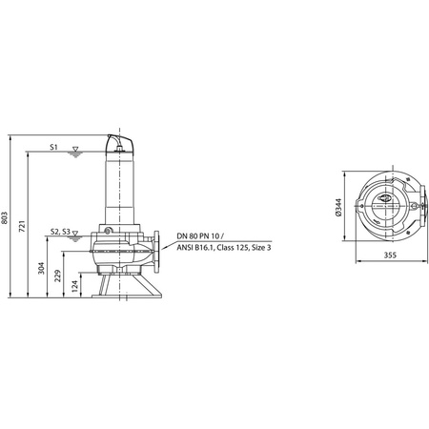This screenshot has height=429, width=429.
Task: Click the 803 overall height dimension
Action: tap(5, 217)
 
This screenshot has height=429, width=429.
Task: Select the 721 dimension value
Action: tap(22, 225)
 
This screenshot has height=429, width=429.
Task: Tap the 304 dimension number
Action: tap(41, 268)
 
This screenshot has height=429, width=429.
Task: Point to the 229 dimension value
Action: tap(57, 276)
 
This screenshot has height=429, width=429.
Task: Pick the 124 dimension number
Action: tap(74, 286)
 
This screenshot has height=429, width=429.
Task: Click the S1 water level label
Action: tap(53, 147)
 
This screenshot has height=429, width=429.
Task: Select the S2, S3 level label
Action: tap(60, 232)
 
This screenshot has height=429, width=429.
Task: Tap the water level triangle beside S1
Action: tap(75, 149)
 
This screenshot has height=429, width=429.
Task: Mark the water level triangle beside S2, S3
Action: tap(75, 234)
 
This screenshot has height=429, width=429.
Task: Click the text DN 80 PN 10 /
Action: tap(200, 236)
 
